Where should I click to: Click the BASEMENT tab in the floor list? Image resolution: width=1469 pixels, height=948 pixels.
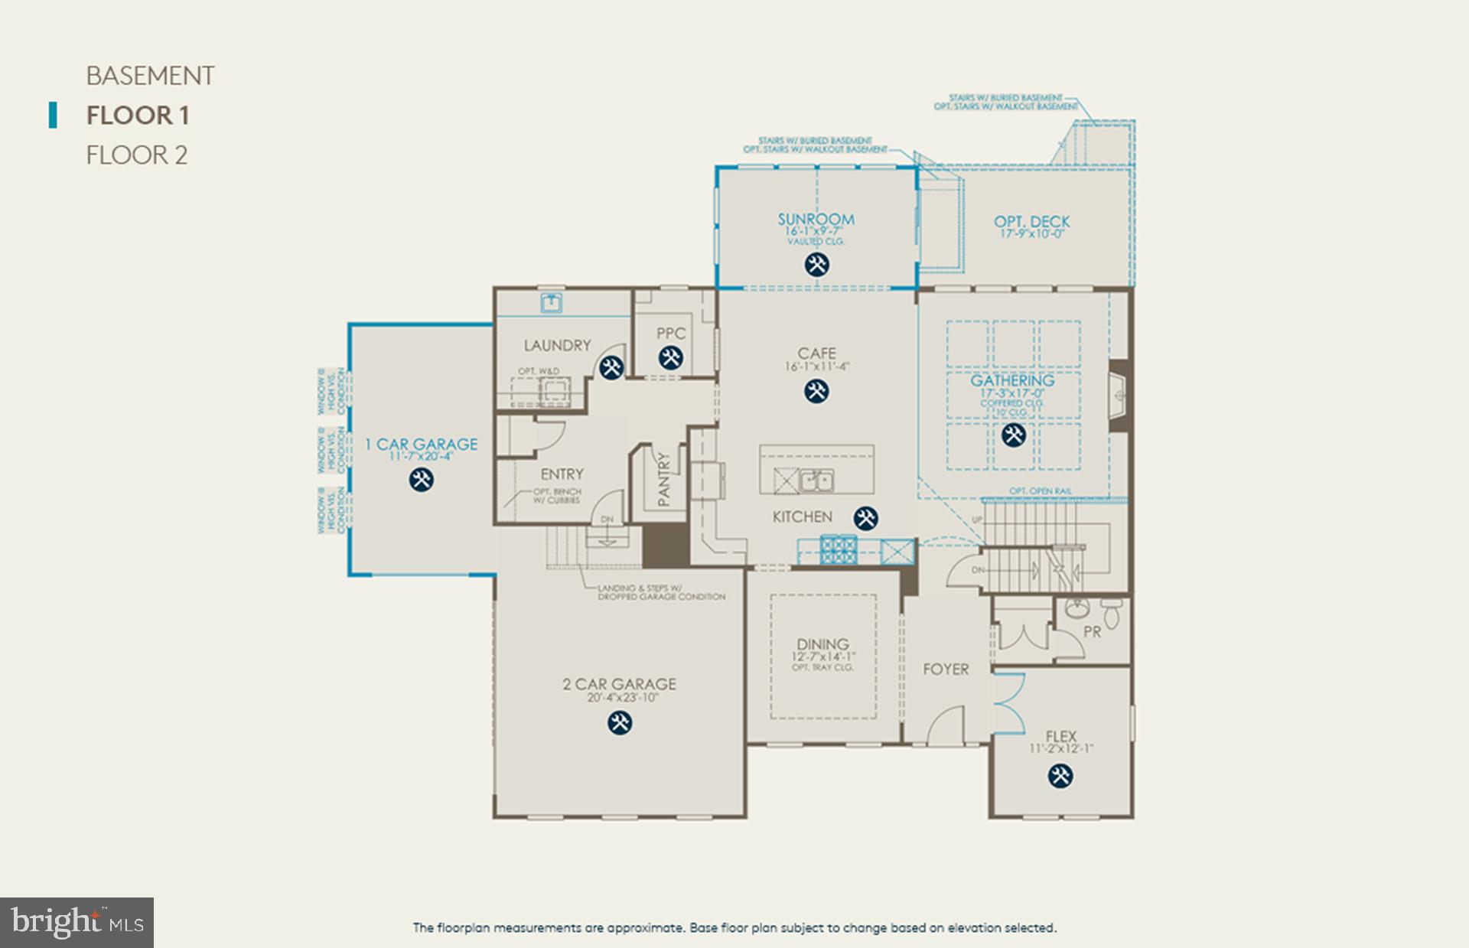tap(150, 76)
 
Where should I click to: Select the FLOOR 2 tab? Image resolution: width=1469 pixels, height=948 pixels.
tap(136, 155)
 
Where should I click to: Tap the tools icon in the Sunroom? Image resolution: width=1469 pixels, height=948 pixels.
tap(816, 265)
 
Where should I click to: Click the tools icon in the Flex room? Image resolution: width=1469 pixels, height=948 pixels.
tap(1060, 776)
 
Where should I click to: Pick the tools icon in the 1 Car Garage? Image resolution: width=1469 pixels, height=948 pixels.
tap(421, 480)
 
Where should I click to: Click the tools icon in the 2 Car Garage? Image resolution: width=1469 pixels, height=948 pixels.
tap(620, 722)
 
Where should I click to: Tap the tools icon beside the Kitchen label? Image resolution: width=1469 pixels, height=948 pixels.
tap(865, 518)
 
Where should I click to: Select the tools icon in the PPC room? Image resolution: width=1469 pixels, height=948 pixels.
tap(670, 357)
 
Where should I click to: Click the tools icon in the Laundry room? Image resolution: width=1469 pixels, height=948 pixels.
tap(611, 367)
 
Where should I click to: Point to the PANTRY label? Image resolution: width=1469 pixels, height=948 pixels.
tap(663, 480)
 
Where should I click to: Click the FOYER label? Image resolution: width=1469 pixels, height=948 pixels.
tap(946, 669)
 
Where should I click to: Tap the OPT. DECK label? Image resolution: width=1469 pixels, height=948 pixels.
tap(1031, 222)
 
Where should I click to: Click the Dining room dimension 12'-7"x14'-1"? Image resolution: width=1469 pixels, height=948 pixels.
tap(822, 656)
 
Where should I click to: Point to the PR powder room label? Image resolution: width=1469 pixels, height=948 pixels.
tap(1092, 632)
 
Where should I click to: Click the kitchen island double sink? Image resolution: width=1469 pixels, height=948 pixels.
tap(816, 481)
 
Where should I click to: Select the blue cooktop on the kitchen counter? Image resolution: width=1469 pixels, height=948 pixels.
tap(838, 549)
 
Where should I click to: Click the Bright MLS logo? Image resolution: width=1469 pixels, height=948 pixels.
tap(77, 922)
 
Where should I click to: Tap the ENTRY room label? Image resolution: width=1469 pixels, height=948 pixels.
tap(562, 474)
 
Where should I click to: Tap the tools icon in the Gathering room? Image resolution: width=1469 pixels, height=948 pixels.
tap(1013, 435)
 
